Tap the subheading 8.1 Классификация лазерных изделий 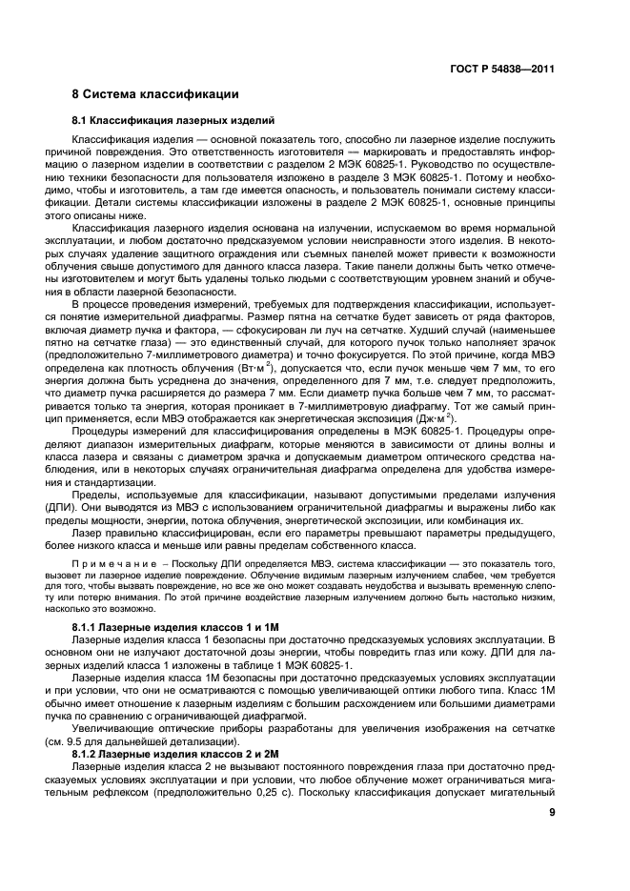click(x=173, y=121)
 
